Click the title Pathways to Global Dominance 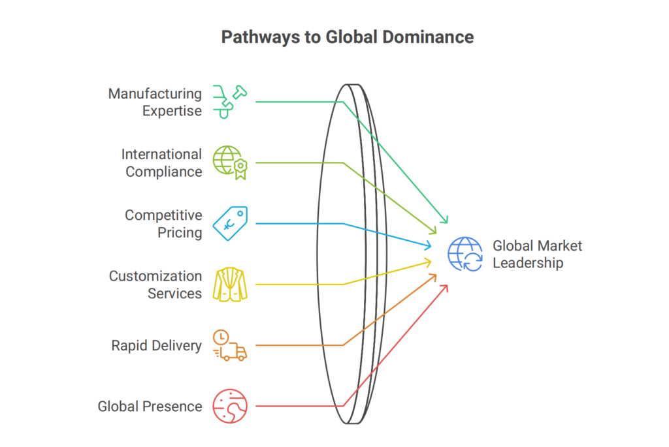(x=348, y=37)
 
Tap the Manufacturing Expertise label (x=155, y=102)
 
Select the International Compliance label (x=161, y=162)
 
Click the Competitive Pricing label (x=163, y=224)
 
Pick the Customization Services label (x=155, y=285)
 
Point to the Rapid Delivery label (x=157, y=345)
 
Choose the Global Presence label (x=150, y=406)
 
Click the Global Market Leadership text (x=537, y=254)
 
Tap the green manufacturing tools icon (x=230, y=102)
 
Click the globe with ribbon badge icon (x=230, y=162)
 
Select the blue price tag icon (x=230, y=224)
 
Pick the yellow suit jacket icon (x=230, y=285)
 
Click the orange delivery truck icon (x=230, y=345)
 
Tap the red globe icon (x=230, y=406)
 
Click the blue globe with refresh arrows (x=465, y=254)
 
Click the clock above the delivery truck (x=221, y=337)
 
